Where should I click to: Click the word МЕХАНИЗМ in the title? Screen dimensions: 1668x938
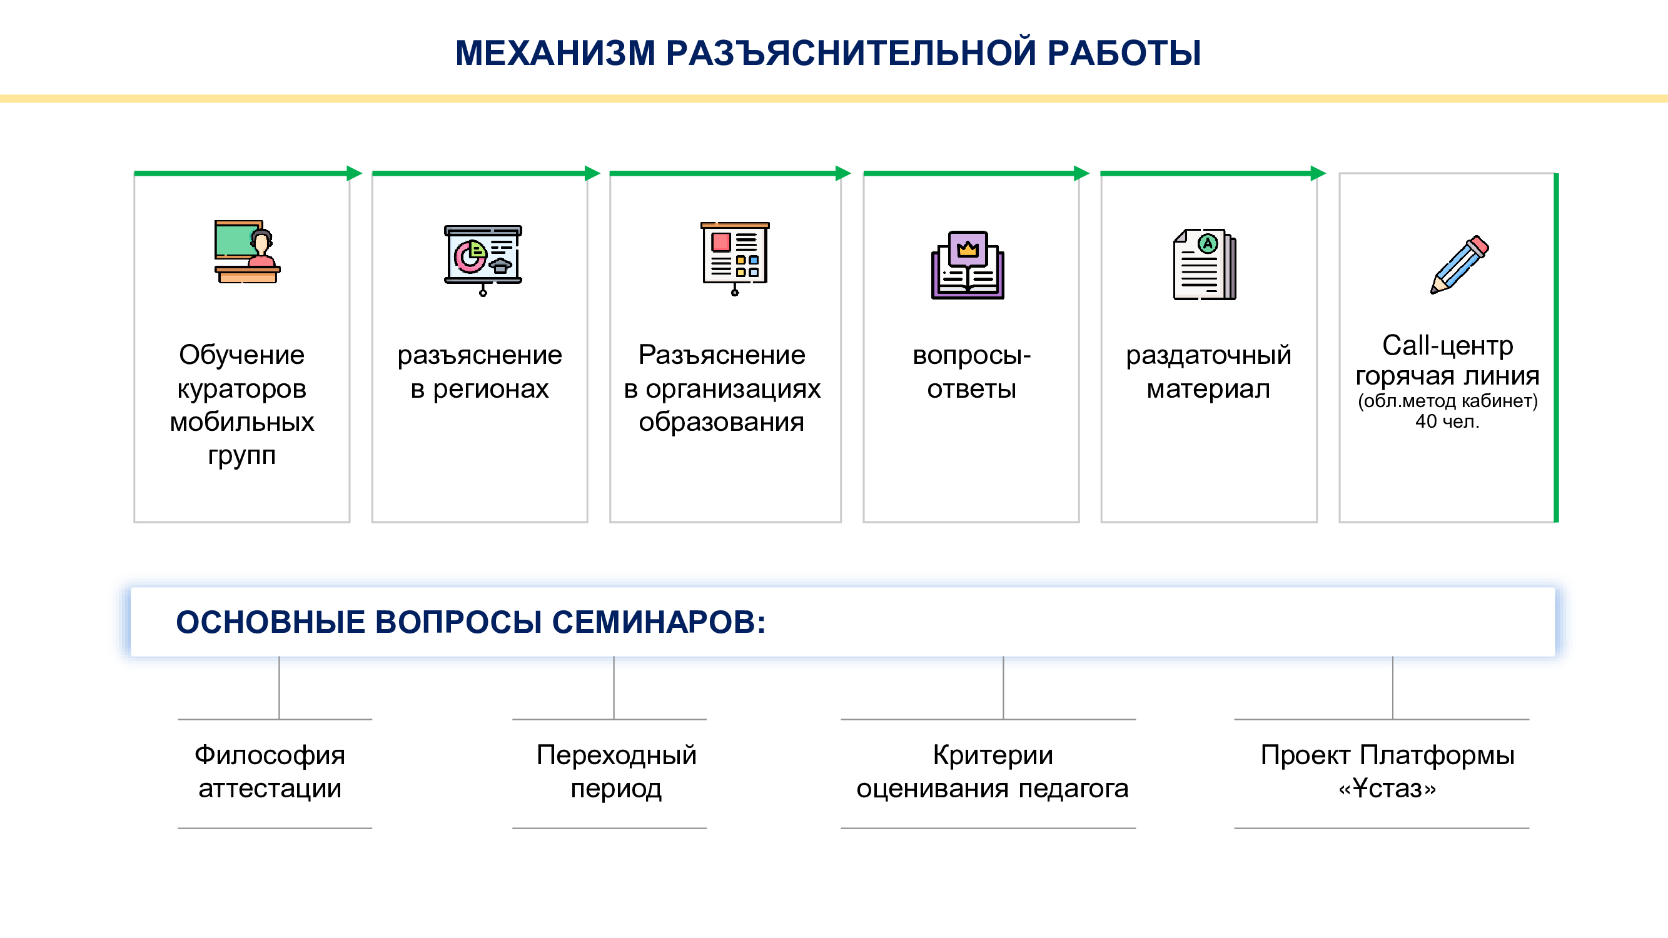pos(555,53)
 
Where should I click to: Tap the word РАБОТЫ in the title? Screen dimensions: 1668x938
pos(1124,53)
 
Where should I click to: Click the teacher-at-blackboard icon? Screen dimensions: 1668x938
pos(247,252)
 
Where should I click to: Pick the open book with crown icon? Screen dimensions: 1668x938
pos(968,265)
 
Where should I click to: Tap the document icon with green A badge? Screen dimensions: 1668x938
pos(1205,264)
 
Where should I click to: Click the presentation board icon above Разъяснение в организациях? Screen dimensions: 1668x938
pos(735,258)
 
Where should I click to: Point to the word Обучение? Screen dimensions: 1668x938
pos(241,355)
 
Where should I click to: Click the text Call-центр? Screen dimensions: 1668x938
pos(1448,346)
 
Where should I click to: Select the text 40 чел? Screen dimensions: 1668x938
pos(1447,421)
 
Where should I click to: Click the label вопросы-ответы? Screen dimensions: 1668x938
pos(971,372)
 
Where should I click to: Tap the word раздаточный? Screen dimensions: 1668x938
pos(1208,355)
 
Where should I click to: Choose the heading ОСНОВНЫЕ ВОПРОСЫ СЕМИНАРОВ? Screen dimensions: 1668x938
pos(471,622)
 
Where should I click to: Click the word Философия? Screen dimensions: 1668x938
pos(270,755)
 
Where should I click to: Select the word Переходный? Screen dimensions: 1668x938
pos(617,755)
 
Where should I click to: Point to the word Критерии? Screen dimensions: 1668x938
pos(993,755)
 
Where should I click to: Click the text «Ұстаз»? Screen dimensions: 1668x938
pos(1387,789)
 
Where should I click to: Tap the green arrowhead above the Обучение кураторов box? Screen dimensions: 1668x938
pos(354,173)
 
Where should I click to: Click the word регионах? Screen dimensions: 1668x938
pos(490,389)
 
